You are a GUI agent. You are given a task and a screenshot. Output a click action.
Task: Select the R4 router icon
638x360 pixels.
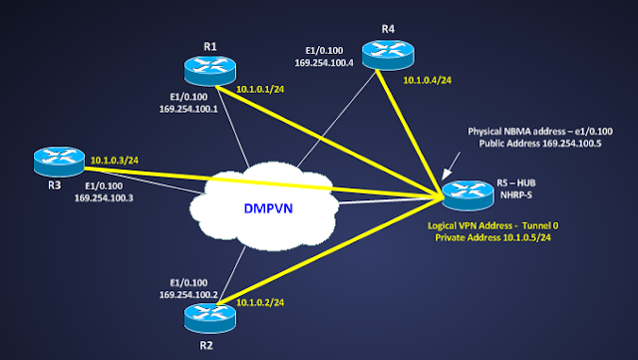[x=385, y=53]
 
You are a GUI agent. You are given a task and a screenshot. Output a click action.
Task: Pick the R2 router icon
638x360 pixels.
[x=209, y=318]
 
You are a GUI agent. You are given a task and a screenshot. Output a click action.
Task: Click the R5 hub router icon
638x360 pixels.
[x=465, y=191]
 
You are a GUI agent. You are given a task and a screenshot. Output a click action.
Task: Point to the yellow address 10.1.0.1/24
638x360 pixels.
[x=262, y=88]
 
